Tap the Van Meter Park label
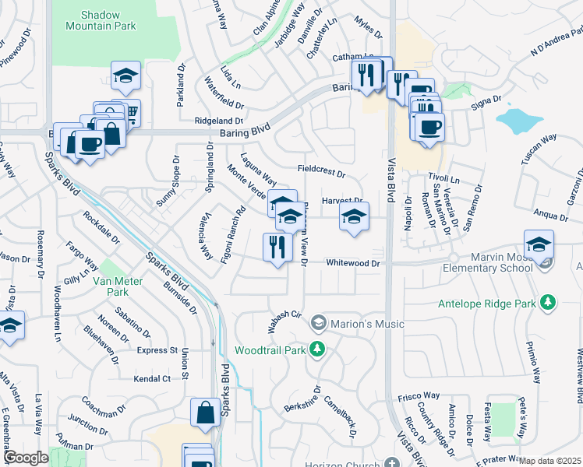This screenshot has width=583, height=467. [x=107, y=286]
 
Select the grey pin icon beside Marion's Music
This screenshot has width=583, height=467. [x=318, y=323]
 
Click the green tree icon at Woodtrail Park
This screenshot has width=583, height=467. [x=316, y=349]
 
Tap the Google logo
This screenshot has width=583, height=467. [x=25, y=458]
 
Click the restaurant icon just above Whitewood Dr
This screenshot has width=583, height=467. [x=277, y=248]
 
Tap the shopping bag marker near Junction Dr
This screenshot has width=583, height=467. [x=205, y=414]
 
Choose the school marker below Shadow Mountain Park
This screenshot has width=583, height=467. [x=125, y=76]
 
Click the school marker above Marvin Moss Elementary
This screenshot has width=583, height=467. [x=539, y=244]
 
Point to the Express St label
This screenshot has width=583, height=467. [x=157, y=350]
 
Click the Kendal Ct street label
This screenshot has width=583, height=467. [x=151, y=378]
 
